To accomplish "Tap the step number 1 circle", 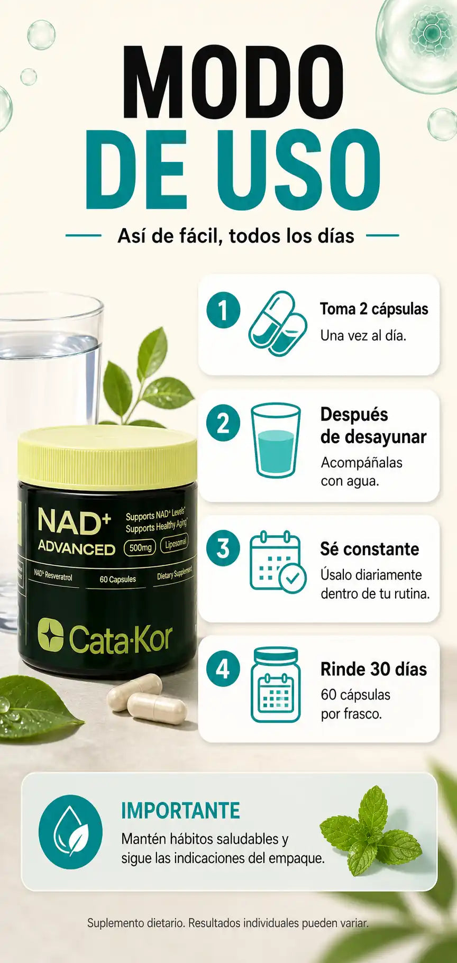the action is pyautogui.click(x=223, y=310).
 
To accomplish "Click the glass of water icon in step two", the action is pyautogui.click(x=276, y=441).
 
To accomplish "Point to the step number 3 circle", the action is pyautogui.click(x=223, y=548).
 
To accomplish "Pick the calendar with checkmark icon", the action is pyautogui.click(x=278, y=562).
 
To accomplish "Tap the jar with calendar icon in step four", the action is pyautogui.click(x=276, y=685).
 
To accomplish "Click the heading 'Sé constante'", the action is pyautogui.click(x=369, y=549).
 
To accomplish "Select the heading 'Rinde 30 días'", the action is pyautogui.click(x=373, y=669).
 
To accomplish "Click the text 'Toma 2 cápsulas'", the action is pyautogui.click(x=374, y=309).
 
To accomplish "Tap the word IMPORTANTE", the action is pyautogui.click(x=181, y=811).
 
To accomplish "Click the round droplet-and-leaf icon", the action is pyautogui.click(x=70, y=832).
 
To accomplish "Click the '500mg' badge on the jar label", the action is pyautogui.click(x=140, y=547).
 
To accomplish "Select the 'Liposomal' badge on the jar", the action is pyautogui.click(x=175, y=544).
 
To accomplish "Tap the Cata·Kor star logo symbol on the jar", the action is pyautogui.click(x=50, y=635).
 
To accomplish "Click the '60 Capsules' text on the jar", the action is pyautogui.click(x=117, y=579).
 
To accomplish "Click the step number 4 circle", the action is pyautogui.click(x=223, y=669).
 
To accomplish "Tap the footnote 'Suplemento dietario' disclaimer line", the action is pyautogui.click(x=228, y=923).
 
